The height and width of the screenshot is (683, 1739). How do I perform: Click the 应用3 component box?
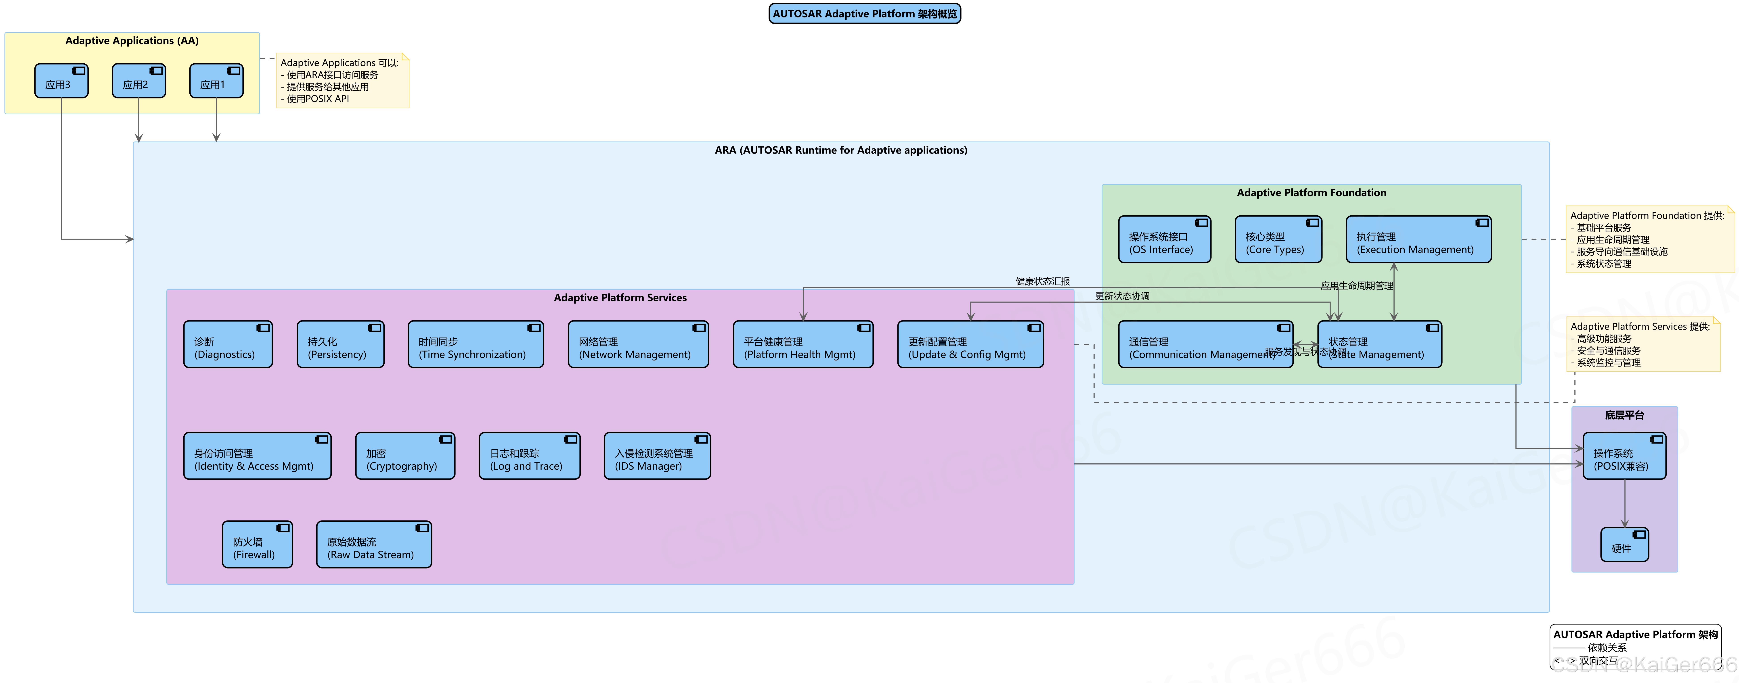pyautogui.click(x=61, y=81)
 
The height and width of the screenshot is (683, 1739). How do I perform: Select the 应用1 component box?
pyautogui.click(x=216, y=81)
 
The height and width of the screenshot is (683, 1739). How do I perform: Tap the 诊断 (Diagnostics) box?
pyautogui.click(x=228, y=344)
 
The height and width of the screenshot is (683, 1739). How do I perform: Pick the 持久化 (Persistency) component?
pyautogui.click(x=340, y=344)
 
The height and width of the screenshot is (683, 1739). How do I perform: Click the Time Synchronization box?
pyautogui.click(x=475, y=344)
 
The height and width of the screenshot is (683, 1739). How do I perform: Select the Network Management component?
pyautogui.click(x=638, y=344)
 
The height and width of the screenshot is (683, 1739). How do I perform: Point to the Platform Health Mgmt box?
pyautogui.click(x=803, y=344)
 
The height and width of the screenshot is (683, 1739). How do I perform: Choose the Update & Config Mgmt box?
pyautogui.click(x=970, y=344)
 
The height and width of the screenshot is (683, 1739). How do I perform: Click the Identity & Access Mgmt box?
pyautogui.click(x=257, y=456)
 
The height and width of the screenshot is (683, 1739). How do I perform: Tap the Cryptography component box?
pyautogui.click(x=405, y=456)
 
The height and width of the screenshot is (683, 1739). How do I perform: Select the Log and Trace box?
pyautogui.click(x=529, y=456)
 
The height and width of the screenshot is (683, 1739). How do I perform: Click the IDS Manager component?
pyautogui.click(x=657, y=456)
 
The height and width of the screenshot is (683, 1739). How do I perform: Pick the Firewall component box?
pyautogui.click(x=257, y=545)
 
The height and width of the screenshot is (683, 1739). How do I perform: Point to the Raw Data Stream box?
pyautogui.click(x=374, y=545)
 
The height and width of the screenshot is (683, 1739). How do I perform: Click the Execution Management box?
pyautogui.click(x=1418, y=239)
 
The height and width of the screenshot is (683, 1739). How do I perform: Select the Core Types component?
pyautogui.click(x=1278, y=239)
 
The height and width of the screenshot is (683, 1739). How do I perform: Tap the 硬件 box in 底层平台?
pyautogui.click(x=1624, y=545)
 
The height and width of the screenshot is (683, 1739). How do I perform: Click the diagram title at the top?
pyautogui.click(x=865, y=13)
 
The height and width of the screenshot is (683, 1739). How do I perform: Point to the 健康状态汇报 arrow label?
pyautogui.click(x=1042, y=281)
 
